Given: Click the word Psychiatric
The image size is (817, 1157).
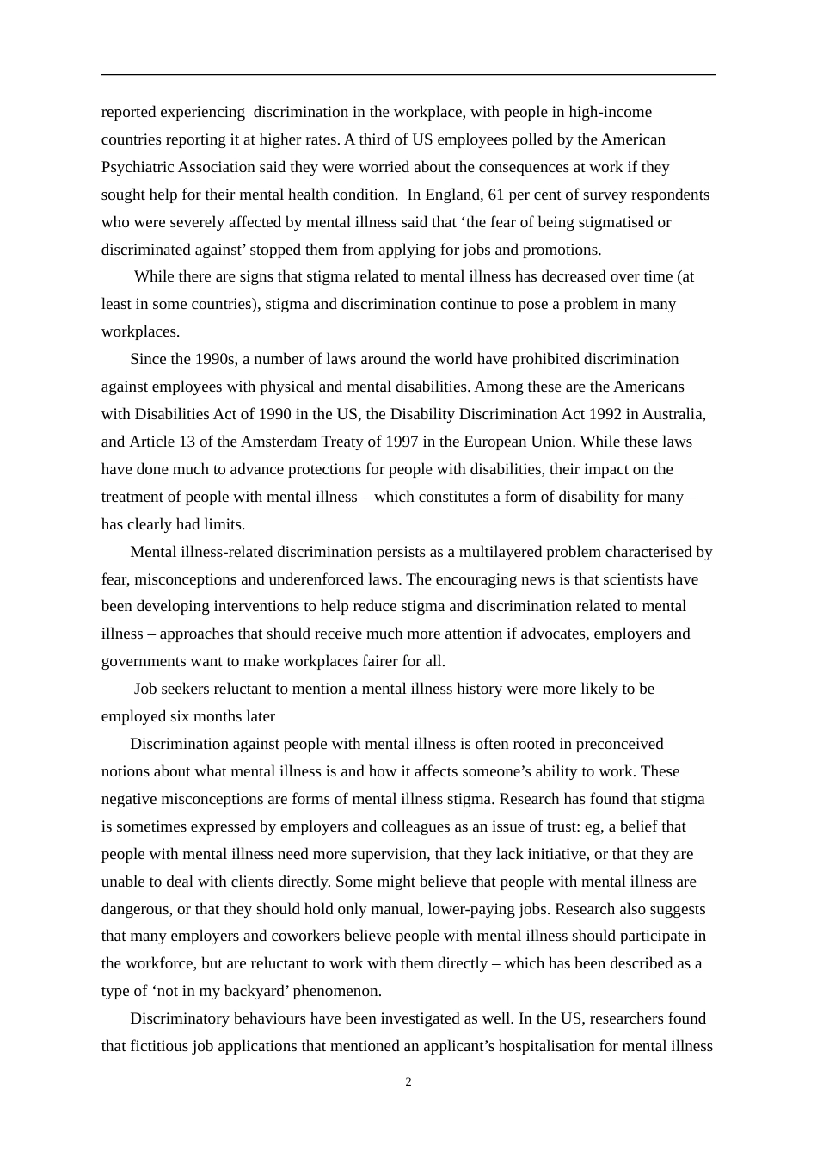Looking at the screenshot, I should pos(138,167).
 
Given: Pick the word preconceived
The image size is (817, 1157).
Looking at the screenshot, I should pos(619,744).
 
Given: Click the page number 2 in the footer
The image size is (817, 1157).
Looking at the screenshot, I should pos(408,1082).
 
